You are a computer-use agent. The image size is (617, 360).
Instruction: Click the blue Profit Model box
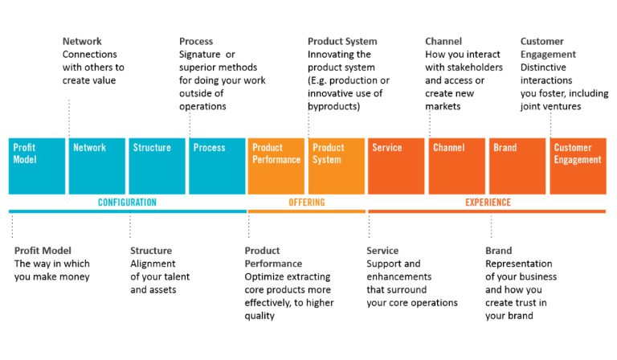(x=37, y=166)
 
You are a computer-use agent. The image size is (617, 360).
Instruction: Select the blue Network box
(x=96, y=166)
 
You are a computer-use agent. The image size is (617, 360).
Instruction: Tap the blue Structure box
(x=157, y=166)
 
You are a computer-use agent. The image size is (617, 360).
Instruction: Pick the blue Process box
(x=216, y=166)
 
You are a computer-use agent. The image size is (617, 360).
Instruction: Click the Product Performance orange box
(x=276, y=166)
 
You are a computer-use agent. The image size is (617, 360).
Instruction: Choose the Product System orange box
(x=336, y=166)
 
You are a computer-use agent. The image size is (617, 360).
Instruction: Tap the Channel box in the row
(x=456, y=166)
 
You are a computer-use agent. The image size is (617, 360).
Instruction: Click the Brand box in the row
(x=516, y=166)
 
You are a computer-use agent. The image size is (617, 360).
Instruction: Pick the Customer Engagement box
(x=578, y=166)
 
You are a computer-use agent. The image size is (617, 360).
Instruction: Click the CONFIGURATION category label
(x=127, y=202)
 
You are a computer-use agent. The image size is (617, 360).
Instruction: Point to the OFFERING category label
(x=306, y=202)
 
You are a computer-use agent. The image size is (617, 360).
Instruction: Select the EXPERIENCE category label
(x=488, y=202)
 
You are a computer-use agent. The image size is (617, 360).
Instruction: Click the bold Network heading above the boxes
(x=82, y=42)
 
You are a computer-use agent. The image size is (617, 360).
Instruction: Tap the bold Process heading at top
(x=196, y=42)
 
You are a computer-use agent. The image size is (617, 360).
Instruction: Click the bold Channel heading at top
(x=443, y=42)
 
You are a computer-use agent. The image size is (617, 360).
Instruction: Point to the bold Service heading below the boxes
(x=382, y=251)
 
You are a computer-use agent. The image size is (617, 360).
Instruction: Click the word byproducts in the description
(x=333, y=106)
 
